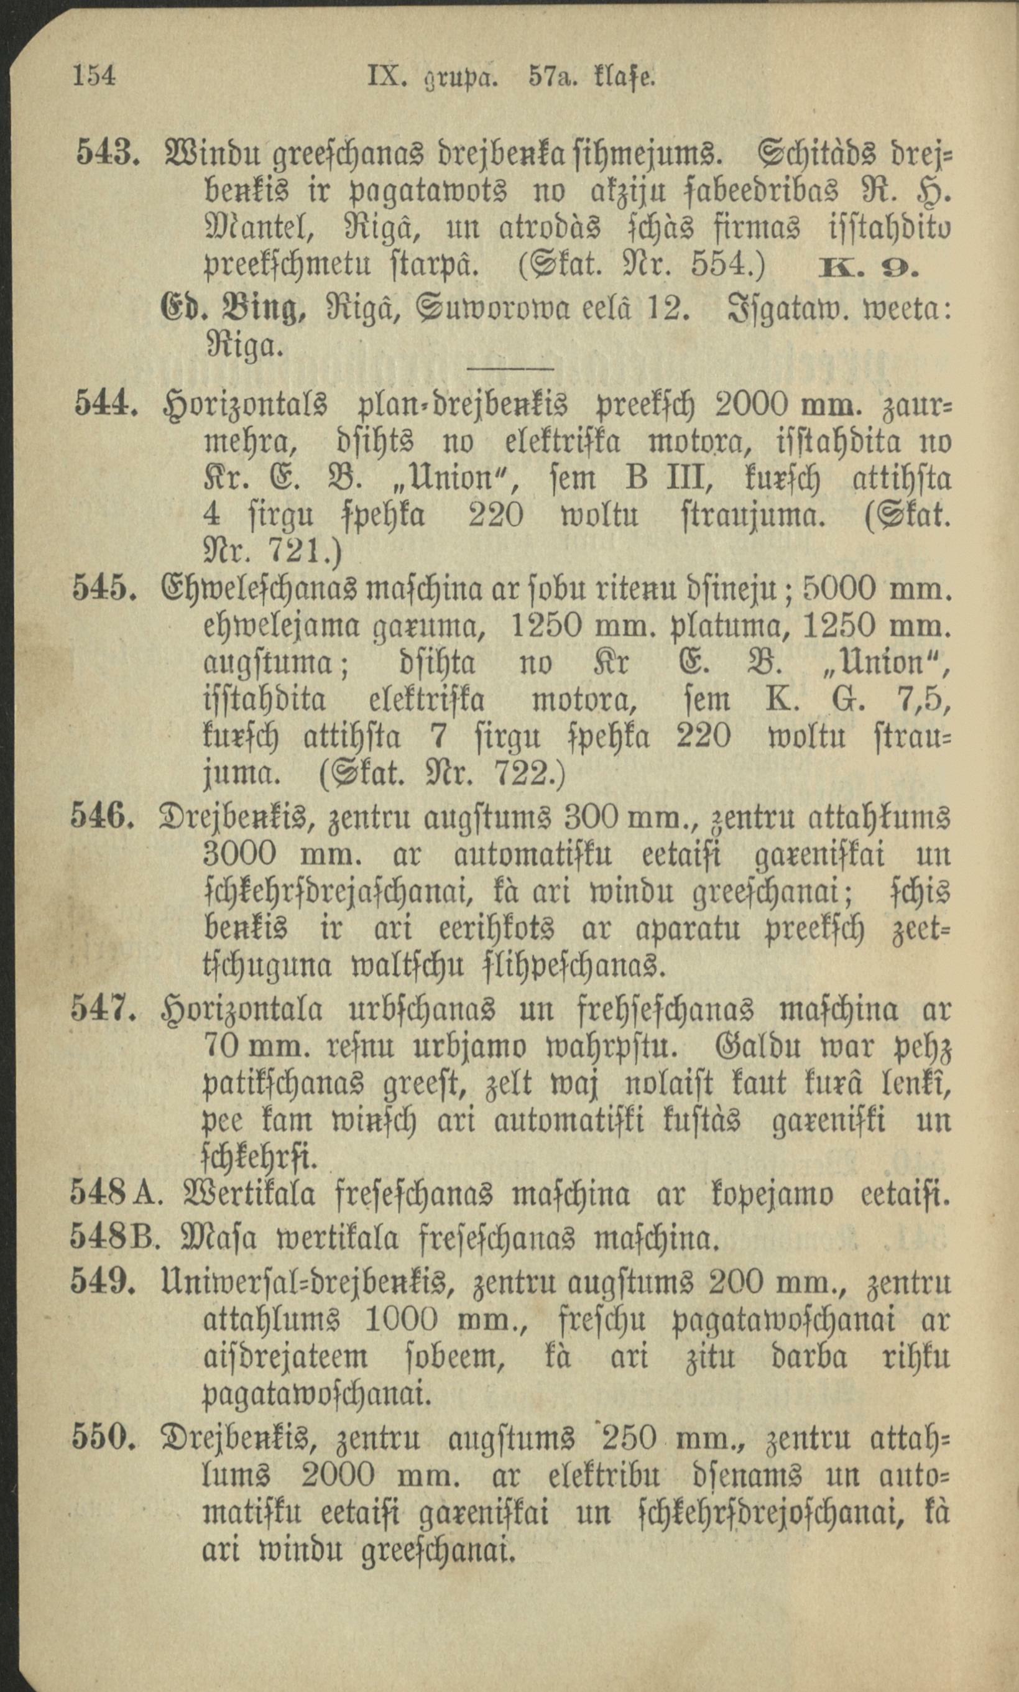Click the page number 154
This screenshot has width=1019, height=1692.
pyautogui.click(x=93, y=75)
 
